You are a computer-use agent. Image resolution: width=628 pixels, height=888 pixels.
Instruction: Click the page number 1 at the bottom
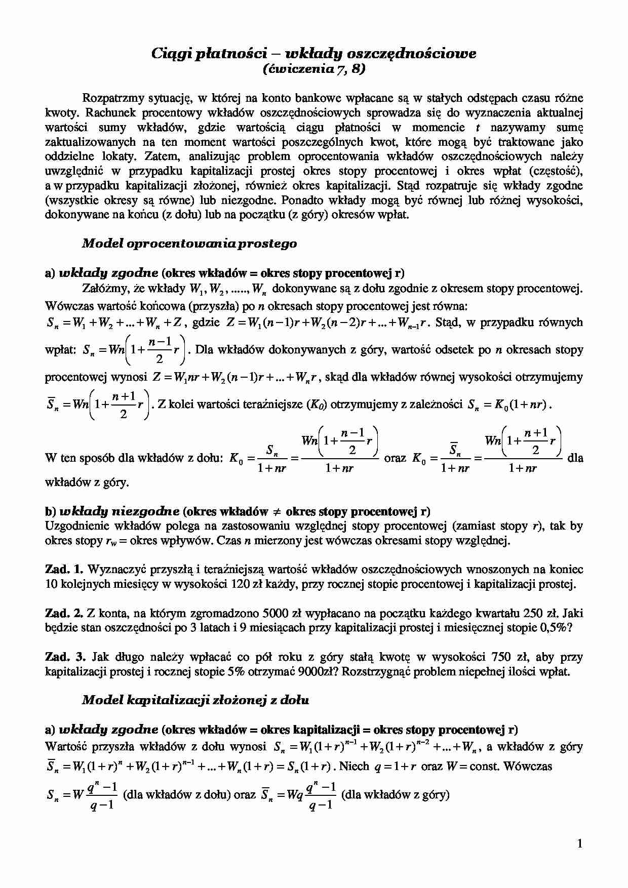(x=580, y=843)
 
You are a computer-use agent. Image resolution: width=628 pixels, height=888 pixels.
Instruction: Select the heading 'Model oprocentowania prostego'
(x=189, y=244)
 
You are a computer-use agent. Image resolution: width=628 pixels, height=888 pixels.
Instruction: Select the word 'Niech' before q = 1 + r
(x=355, y=766)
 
